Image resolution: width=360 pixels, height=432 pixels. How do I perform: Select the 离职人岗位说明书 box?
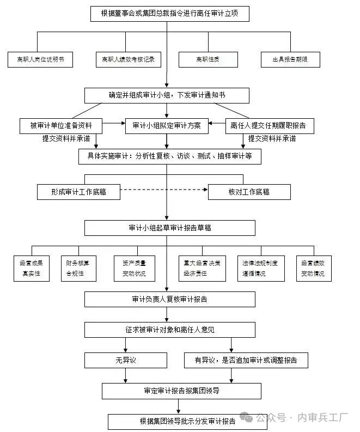click(x=40, y=59)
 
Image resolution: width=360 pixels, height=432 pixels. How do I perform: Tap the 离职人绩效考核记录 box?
click(x=129, y=59)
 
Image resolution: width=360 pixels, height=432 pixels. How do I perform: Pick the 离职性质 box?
click(x=208, y=59)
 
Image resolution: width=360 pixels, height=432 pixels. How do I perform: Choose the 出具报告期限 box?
click(x=290, y=59)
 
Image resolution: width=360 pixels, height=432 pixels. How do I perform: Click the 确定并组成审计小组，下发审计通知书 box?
click(x=167, y=95)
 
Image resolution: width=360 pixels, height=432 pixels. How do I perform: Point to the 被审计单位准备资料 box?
click(x=61, y=126)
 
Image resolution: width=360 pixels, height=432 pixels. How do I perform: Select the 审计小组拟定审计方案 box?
click(x=167, y=126)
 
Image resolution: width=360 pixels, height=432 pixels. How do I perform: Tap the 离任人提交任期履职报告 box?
click(x=269, y=126)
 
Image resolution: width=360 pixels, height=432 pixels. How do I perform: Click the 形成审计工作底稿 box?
click(x=78, y=192)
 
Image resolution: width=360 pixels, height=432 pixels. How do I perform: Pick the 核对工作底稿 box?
click(x=249, y=192)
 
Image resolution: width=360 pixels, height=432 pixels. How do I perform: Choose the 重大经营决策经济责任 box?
click(x=202, y=268)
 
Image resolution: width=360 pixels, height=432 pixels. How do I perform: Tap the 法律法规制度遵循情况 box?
click(x=260, y=268)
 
